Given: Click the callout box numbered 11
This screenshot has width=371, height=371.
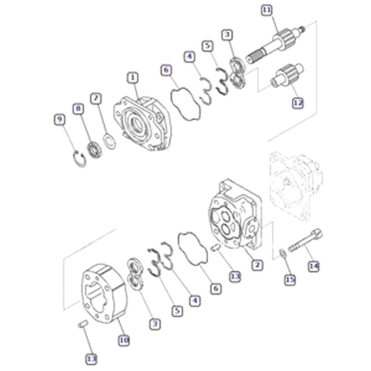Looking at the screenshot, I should [x=266, y=10].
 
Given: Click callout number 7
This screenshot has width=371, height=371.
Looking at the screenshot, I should [x=96, y=98].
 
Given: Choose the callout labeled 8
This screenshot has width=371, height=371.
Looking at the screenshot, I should [x=78, y=109].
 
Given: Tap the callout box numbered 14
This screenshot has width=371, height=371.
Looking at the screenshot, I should [x=314, y=266].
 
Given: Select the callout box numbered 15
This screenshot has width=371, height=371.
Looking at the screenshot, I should [x=290, y=279].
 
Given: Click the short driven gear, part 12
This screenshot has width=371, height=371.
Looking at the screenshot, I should [x=285, y=76].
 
